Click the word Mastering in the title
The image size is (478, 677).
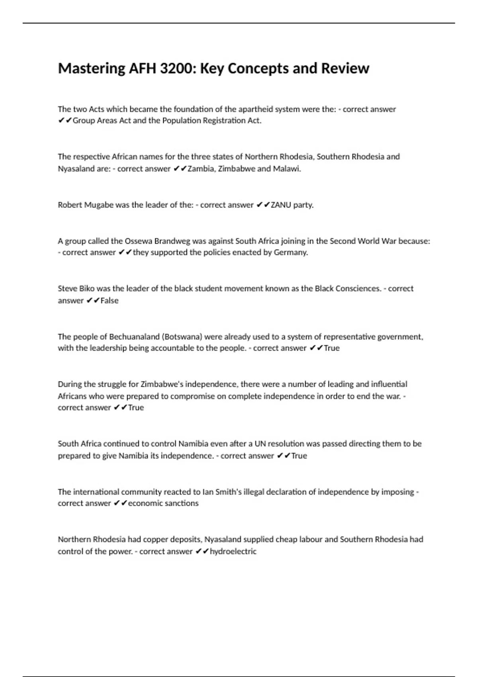[92, 68]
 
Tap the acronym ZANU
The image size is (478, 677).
[281, 205]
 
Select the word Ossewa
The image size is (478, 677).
[139, 241]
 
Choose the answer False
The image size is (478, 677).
[110, 301]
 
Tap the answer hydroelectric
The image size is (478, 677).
[233, 552]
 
